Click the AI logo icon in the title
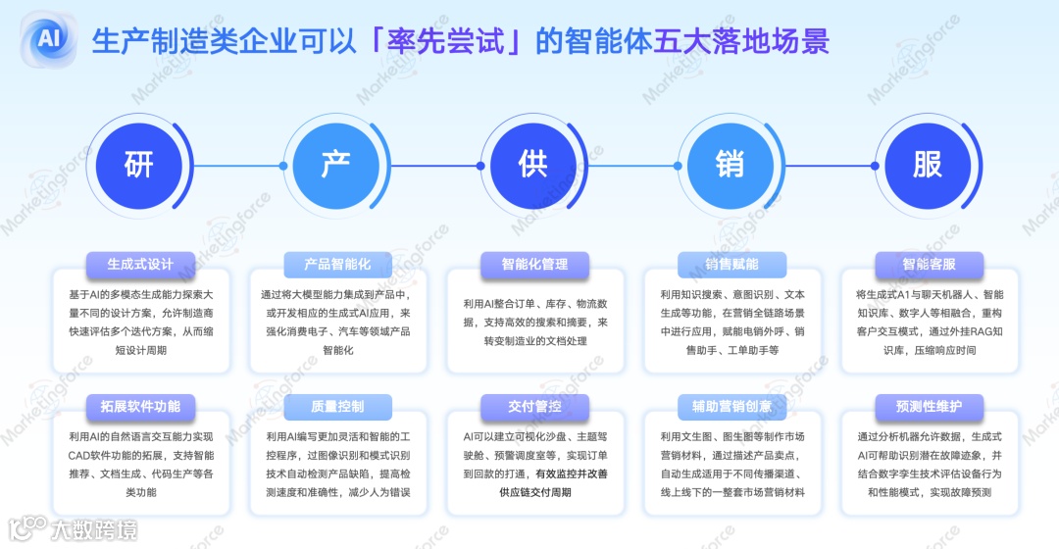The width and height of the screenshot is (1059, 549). coord(48,39)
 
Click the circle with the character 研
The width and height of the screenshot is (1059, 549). coord(139,165)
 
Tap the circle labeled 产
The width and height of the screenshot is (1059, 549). coord(336,165)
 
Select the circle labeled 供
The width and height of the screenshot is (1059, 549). coord(533,165)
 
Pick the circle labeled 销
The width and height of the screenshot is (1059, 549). coord(731,165)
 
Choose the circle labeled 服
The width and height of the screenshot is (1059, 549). coord(928,165)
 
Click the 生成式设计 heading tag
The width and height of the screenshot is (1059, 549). coord(140,264)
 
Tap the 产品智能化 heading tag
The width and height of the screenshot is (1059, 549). coord(337,264)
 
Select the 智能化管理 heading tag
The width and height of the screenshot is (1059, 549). coord(534,264)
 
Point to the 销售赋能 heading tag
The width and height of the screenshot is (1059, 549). coord(731,264)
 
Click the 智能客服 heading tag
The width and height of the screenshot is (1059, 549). coord(929,264)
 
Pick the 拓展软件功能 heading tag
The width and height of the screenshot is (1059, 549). coord(140,406)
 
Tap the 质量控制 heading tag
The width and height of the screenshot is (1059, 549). coord(337,406)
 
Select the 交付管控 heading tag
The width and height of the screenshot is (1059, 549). coord(534,406)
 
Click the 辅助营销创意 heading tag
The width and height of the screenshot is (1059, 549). coord(731,406)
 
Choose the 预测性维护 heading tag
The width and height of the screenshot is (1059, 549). coord(929,406)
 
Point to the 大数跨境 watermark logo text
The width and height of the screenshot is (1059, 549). coord(94,530)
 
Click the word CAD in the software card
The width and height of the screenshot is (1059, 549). coord(80,454)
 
